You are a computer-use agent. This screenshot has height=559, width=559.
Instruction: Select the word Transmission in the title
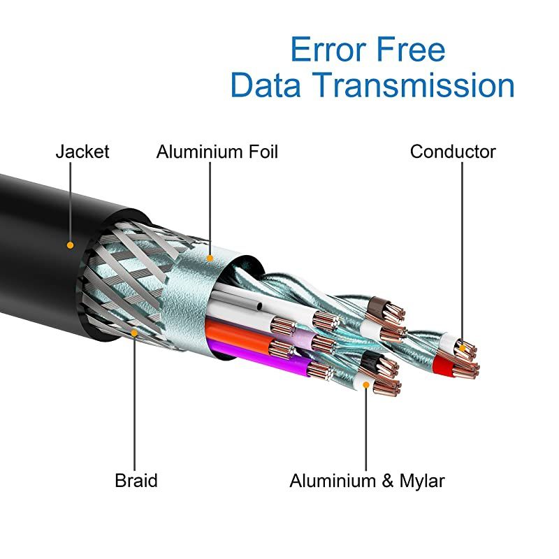pos(413,85)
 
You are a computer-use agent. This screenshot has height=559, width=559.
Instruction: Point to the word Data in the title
pos(267,85)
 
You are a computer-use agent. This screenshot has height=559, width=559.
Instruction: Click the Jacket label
pos(82,152)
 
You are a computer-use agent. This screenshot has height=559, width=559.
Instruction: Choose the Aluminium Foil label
pos(217,152)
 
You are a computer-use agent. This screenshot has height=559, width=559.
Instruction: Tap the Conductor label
pos(453,152)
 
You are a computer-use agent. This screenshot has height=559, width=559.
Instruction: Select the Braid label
pos(136,481)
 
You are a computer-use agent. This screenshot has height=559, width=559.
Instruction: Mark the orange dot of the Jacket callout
pos(70,245)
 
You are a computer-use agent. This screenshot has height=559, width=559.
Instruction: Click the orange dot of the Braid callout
pos(136,333)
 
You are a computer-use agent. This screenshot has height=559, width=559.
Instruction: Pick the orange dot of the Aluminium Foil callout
pos(210,258)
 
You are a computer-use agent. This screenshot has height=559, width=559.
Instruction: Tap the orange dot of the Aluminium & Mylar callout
pos(365,384)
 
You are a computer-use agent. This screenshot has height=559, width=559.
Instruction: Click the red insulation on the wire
pos(443,363)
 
